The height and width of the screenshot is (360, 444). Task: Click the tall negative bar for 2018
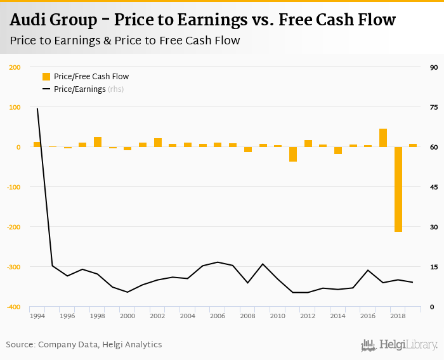[398, 190]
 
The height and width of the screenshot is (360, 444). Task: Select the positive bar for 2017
[383, 138]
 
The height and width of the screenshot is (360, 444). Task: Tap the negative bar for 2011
[293, 154]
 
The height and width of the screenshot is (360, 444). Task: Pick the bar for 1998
[98, 142]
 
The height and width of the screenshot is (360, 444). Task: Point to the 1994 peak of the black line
[37, 108]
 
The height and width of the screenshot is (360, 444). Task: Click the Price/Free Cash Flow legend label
[91, 77]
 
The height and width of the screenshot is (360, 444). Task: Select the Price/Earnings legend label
[80, 89]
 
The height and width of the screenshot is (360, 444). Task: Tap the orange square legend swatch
[46, 77]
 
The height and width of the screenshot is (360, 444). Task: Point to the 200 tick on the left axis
[15, 67]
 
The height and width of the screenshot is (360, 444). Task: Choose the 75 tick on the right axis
[434, 107]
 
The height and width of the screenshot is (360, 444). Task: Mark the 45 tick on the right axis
[434, 187]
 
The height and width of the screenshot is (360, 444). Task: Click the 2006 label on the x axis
[218, 316]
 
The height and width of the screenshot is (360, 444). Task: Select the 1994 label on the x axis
[37, 316]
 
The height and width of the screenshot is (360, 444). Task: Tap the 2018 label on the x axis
[398, 316]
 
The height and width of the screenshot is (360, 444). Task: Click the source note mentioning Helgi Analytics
[84, 345]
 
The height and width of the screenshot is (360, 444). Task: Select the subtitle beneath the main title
[125, 41]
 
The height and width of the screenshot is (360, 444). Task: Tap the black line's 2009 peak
[263, 264]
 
